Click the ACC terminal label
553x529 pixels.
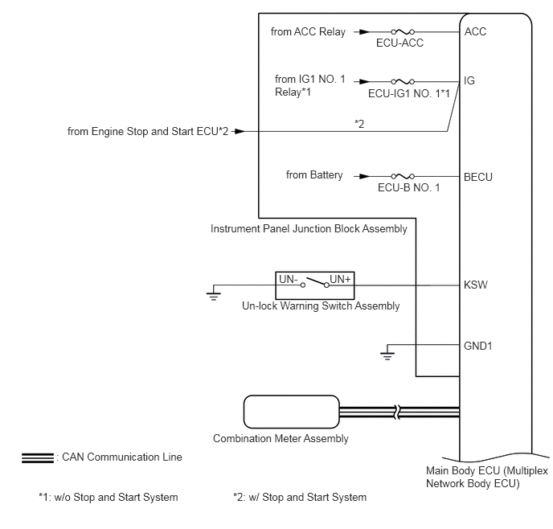tap(475, 31)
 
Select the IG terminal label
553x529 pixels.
tap(469, 80)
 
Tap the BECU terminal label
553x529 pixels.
tap(478, 177)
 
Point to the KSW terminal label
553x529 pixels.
tap(475, 285)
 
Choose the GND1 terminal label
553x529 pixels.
tap(478, 346)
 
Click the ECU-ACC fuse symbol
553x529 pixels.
tap(403, 31)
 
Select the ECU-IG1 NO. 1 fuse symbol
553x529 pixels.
tap(403, 81)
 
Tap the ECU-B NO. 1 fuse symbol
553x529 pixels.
tap(403, 176)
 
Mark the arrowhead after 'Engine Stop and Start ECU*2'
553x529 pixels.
tap(240, 132)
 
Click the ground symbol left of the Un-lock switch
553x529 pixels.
tap(214, 296)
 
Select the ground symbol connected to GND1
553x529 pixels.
tap(387, 356)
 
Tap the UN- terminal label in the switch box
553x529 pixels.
tap(289, 279)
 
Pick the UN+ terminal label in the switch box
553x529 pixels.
tap(340, 279)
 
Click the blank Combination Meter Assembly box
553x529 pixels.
tap(292, 412)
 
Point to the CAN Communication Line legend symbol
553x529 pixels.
tap(38, 457)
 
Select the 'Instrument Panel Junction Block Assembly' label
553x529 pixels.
tap(309, 229)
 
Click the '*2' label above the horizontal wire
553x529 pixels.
tap(359, 124)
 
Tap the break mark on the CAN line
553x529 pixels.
tap(397, 412)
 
